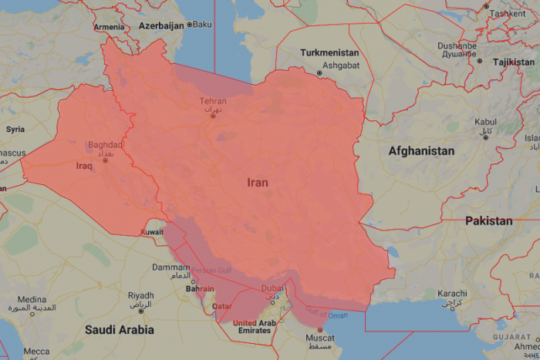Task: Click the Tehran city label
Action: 213,101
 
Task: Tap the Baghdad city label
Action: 106,145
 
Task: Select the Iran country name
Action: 258,183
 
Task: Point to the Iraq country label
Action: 85,166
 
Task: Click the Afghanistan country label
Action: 421,151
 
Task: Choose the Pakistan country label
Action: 488,220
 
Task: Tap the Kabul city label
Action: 485,122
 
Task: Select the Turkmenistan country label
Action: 329,52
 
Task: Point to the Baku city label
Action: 201,25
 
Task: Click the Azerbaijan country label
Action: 160,25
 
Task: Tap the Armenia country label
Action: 109,27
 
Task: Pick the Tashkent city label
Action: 507,13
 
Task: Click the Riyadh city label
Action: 140,295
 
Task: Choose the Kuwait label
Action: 151,232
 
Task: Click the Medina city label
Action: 32,300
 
